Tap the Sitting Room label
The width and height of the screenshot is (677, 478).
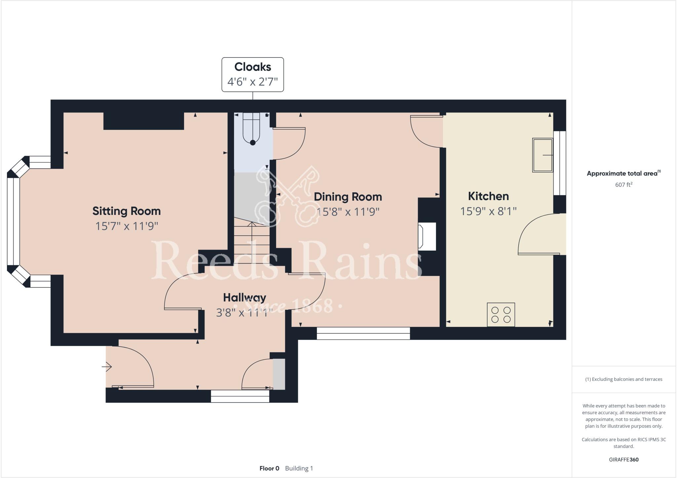(x=126, y=211)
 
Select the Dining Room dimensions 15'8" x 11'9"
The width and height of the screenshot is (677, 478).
(x=348, y=212)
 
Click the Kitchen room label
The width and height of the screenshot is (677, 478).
(x=488, y=196)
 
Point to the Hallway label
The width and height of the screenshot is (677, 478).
(x=244, y=298)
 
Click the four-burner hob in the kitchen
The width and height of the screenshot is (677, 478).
(x=501, y=314)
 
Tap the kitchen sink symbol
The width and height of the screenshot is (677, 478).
(x=542, y=155)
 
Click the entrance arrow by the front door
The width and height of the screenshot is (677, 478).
(x=107, y=367)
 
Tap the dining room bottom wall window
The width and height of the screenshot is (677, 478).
(x=363, y=333)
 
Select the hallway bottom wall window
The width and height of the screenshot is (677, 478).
(x=240, y=396)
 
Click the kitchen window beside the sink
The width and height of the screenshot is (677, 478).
(x=560, y=163)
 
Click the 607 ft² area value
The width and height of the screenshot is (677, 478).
(x=623, y=185)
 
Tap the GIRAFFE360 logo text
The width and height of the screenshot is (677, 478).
(x=623, y=459)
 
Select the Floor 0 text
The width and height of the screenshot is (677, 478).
(x=269, y=468)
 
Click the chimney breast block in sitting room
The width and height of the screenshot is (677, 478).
(x=143, y=121)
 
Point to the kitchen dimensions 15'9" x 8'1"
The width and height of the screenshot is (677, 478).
(x=488, y=211)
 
